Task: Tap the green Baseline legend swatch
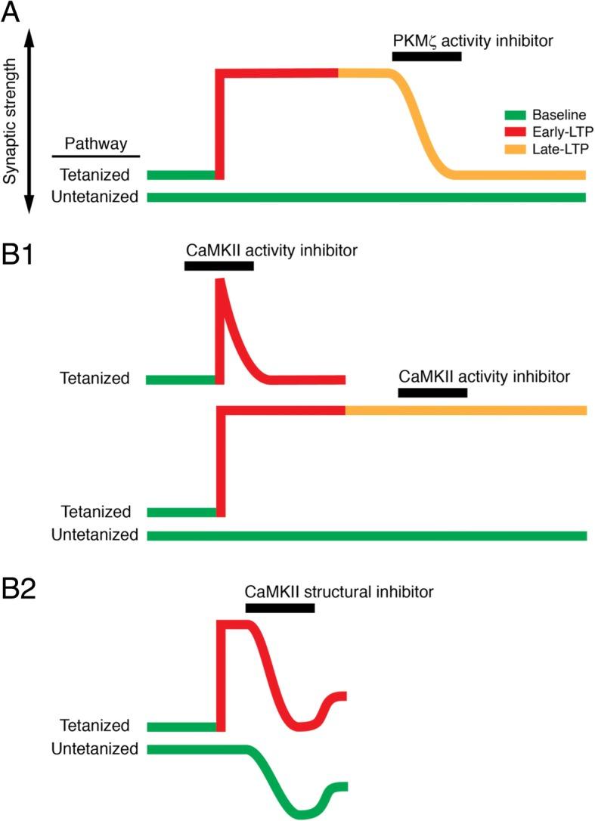pyautogui.click(x=513, y=116)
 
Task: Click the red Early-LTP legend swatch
pyautogui.click(x=513, y=133)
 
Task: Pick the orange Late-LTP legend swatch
pyautogui.click(x=513, y=150)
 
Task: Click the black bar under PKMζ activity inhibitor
pyautogui.click(x=426, y=57)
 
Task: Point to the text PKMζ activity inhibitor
pyautogui.click(x=473, y=40)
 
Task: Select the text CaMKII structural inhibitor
pyautogui.click(x=339, y=591)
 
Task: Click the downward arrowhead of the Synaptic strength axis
pyautogui.click(x=28, y=207)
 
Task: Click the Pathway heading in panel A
pyautogui.click(x=95, y=144)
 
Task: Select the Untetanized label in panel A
pyautogui.click(x=95, y=197)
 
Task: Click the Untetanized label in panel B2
pyautogui.click(x=95, y=749)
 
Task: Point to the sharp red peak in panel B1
pyautogui.click(x=221, y=281)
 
